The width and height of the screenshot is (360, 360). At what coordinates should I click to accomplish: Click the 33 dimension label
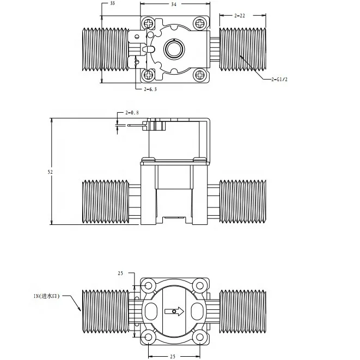(x=112, y=3)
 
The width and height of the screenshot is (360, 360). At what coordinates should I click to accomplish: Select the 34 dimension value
(x=173, y=4)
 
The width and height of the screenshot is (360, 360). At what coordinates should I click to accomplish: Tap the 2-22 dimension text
(x=240, y=16)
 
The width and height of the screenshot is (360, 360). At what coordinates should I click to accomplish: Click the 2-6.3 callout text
(x=150, y=89)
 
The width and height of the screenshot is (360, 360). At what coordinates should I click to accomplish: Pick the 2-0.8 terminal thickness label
(x=132, y=113)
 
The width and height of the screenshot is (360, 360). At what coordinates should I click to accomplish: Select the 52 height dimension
(x=50, y=172)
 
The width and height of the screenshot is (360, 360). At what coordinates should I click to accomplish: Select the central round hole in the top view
(x=175, y=49)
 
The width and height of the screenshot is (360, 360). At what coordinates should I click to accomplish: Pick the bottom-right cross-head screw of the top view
(x=200, y=74)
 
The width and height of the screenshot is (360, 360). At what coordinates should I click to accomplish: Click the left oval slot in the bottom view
(x=150, y=312)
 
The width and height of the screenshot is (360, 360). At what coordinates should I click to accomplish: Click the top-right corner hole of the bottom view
(x=200, y=285)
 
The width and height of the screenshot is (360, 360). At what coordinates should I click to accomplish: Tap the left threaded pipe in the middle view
(x=105, y=202)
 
